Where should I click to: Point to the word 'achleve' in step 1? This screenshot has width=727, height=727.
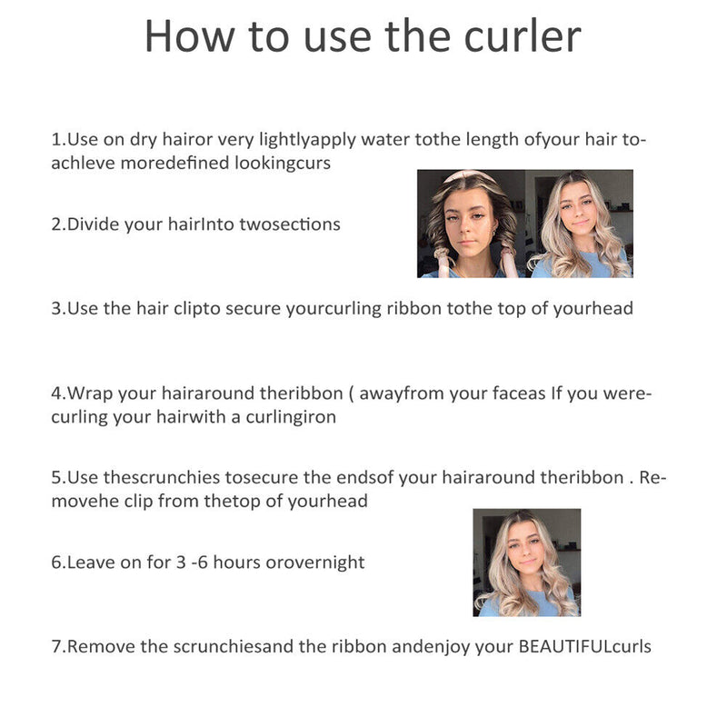click(x=83, y=164)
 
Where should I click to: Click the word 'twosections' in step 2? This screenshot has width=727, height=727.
click(x=290, y=224)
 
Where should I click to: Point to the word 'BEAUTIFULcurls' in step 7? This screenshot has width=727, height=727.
click(x=585, y=647)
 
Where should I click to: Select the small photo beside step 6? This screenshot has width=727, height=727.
click(x=526, y=563)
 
